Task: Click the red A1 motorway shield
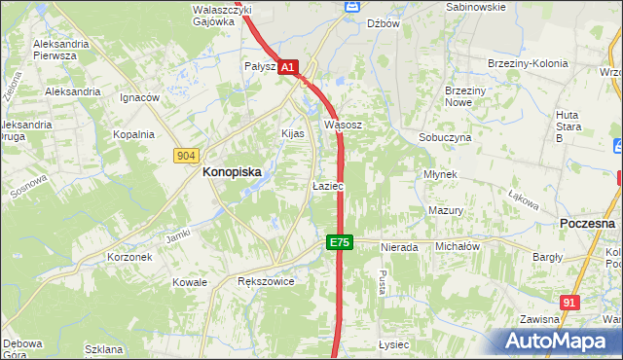pos(288,68)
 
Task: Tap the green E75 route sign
pos(338,242)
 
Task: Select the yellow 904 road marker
pos(188,156)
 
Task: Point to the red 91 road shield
pos(570,303)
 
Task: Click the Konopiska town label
pos(231,171)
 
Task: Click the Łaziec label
pos(327,185)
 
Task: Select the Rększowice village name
pos(266,280)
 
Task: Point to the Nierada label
pos(399,247)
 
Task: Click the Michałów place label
pos(458,247)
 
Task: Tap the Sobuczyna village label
pos(445,138)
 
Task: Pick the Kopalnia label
pos(133,135)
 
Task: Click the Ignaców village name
pos(138,98)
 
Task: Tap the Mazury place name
pos(445,210)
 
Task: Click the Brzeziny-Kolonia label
pos(527,64)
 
